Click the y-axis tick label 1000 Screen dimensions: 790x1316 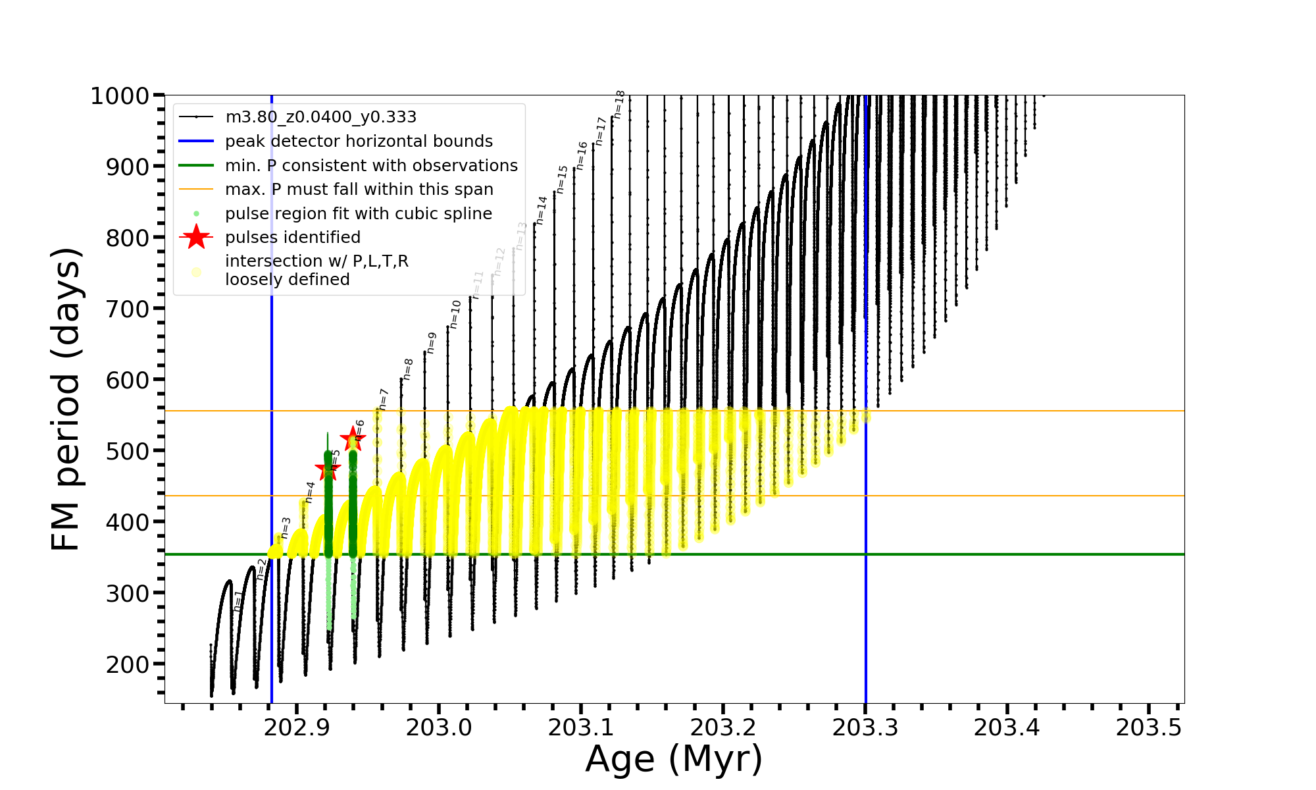click(120, 96)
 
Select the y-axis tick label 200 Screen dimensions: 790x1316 click(128, 664)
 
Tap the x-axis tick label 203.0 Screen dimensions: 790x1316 click(439, 727)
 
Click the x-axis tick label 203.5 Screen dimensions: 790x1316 click(1149, 727)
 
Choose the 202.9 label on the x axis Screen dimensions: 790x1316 click(297, 727)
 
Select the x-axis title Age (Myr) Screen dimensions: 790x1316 click(674, 759)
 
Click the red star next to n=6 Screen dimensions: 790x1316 click(353, 438)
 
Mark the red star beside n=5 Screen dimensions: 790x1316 click(328, 470)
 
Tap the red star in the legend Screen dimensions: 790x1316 click(196, 237)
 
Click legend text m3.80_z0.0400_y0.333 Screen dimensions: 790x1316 click(320, 117)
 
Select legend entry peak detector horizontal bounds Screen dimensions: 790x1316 click(359, 142)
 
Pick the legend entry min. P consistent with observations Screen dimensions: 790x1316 click(371, 165)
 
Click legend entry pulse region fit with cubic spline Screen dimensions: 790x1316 click(359, 214)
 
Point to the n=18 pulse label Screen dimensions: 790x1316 click(619, 104)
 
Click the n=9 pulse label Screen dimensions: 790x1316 click(432, 343)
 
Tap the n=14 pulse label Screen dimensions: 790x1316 click(542, 210)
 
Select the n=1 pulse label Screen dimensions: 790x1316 click(238, 600)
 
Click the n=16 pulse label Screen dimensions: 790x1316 click(582, 155)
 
